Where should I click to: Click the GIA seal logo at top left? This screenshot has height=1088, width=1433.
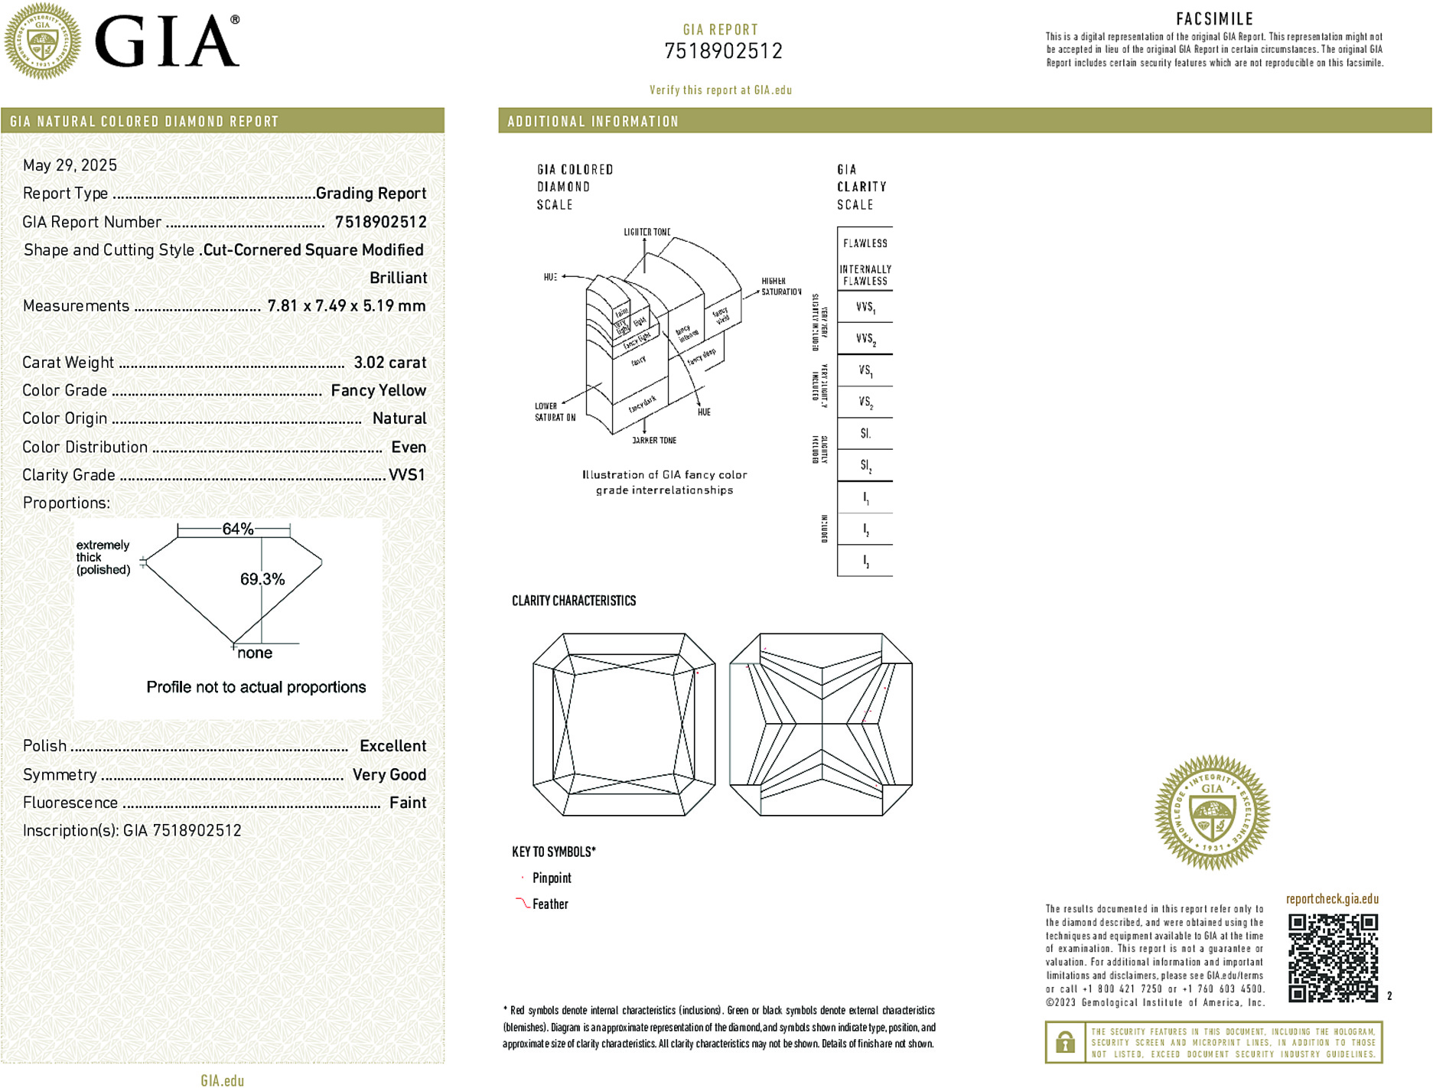pyautogui.click(x=42, y=41)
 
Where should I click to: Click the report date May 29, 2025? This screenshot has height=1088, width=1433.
pyautogui.click(x=70, y=165)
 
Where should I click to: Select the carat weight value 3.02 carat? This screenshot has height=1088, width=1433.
pyautogui.click(x=389, y=363)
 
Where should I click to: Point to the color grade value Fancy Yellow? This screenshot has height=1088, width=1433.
pyautogui.click(x=378, y=390)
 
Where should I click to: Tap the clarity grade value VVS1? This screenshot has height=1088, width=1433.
pyautogui.click(x=406, y=475)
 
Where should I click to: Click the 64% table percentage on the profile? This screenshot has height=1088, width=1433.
pyautogui.click(x=237, y=529)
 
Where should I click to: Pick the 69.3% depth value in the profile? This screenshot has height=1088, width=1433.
pyautogui.click(x=262, y=579)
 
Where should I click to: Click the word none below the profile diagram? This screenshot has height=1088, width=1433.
pyautogui.click(x=255, y=653)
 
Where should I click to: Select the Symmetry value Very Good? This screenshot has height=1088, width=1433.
pyautogui.click(x=389, y=774)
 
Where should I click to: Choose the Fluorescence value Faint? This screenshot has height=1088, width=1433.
pyautogui.click(x=407, y=803)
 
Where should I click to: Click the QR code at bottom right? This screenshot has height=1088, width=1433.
pyautogui.click(x=1333, y=957)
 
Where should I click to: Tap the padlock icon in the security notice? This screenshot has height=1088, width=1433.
pyautogui.click(x=1065, y=1042)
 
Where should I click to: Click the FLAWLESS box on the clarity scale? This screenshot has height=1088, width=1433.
pyautogui.click(x=865, y=243)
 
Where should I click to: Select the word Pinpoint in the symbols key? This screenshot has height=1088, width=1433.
pyautogui.click(x=552, y=878)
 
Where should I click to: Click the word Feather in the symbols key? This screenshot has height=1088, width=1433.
pyautogui.click(x=550, y=904)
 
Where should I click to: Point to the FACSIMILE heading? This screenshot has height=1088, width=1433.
pyautogui.click(x=1214, y=19)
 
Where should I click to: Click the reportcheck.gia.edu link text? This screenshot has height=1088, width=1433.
pyautogui.click(x=1332, y=899)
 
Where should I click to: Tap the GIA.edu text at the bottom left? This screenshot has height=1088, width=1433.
pyautogui.click(x=222, y=1080)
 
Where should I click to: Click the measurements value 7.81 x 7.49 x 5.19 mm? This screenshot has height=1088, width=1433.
pyautogui.click(x=346, y=306)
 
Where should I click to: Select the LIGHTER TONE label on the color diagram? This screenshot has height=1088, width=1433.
pyautogui.click(x=646, y=232)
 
